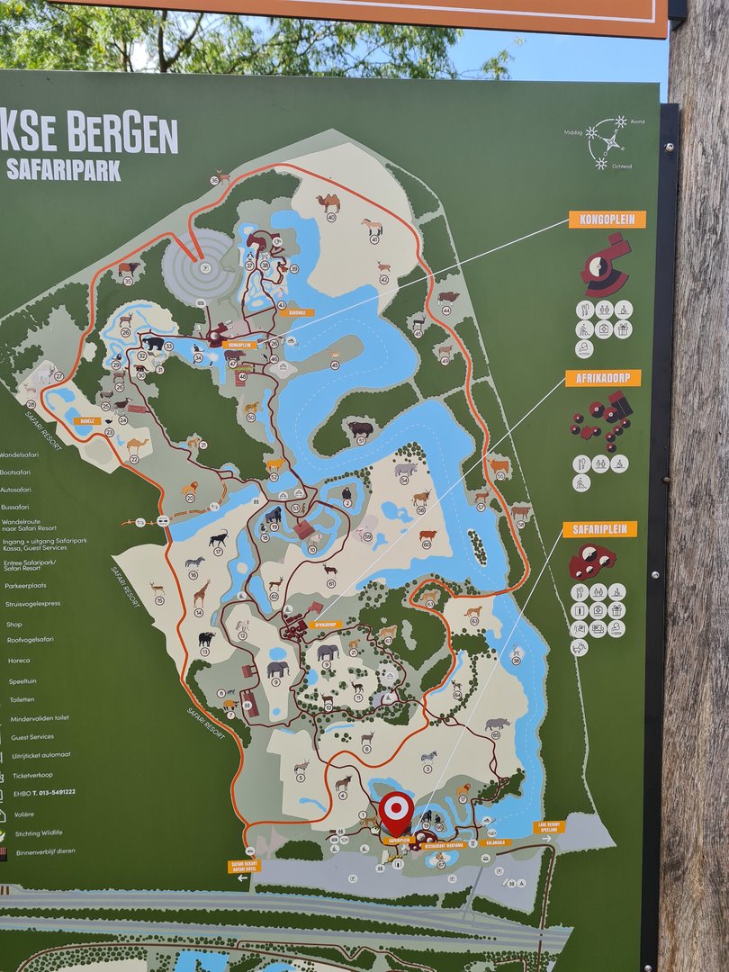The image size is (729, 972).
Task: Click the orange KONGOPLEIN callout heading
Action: coord(607,220)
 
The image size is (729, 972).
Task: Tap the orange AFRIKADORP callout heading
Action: coord(603,378)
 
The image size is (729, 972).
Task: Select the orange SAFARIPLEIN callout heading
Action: coord(599,529)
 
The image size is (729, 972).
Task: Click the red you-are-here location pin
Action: coord(396,811)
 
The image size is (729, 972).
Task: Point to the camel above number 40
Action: coord(328,202)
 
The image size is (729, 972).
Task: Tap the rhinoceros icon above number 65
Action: coord(497,724)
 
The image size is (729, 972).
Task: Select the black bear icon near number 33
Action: coord(155,344)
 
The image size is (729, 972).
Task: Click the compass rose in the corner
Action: coord(607,141)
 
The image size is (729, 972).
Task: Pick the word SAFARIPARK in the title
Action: coord(63,170)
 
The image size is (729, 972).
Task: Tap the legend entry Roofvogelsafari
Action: coord(30,640)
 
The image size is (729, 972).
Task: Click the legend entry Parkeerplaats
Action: coord(28,585)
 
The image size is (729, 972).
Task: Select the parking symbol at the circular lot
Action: coord(204,266)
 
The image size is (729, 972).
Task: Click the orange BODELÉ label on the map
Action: coord(86,420)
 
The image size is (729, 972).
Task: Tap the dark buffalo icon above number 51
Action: coord(361,428)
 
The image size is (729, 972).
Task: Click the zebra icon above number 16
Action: coord(194,562)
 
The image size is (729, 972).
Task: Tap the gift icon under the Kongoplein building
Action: coord(623,329)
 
